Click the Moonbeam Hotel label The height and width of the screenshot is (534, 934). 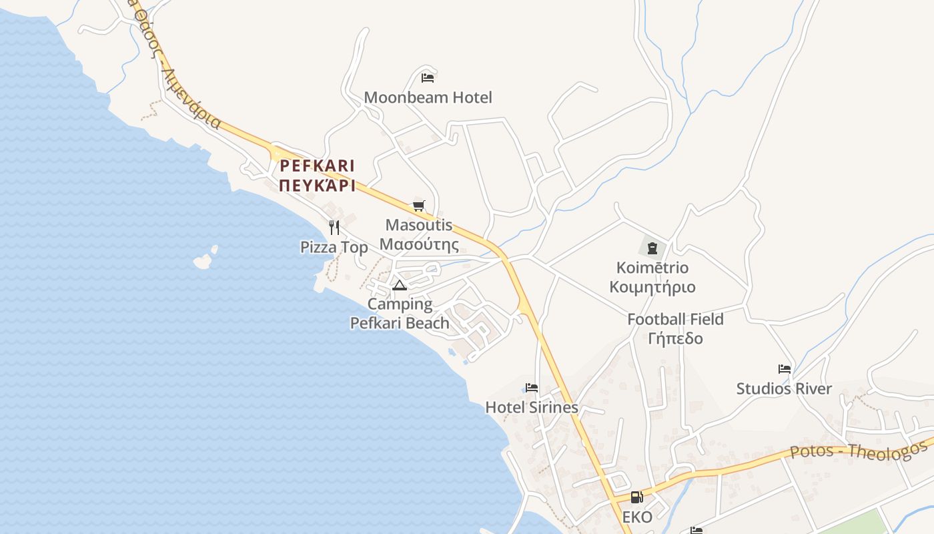[x=428, y=97]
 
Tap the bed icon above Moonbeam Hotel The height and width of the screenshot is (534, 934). [x=428, y=78]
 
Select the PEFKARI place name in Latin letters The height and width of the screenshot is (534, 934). [x=318, y=166]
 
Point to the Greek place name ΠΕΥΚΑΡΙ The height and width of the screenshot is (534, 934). [x=318, y=186]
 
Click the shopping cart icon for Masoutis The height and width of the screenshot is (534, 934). [x=418, y=206]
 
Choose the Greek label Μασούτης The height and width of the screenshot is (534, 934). [x=419, y=244]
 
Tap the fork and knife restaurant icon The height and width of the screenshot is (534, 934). [x=334, y=228]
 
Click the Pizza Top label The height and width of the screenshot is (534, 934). [x=334, y=248]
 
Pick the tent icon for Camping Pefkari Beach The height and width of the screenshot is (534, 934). [x=400, y=286]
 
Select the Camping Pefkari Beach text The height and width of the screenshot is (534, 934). [x=400, y=314]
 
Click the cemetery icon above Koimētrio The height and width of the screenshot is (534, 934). [x=652, y=248]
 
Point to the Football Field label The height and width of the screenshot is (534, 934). [x=675, y=319]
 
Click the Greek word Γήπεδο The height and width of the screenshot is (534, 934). [x=675, y=338]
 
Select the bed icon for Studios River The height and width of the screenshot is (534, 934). [x=785, y=368]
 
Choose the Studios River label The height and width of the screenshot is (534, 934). [x=784, y=388]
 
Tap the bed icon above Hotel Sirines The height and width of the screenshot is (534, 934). [x=532, y=387]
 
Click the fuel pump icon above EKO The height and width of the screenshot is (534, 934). [x=637, y=497]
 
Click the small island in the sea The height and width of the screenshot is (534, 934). [x=203, y=260]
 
